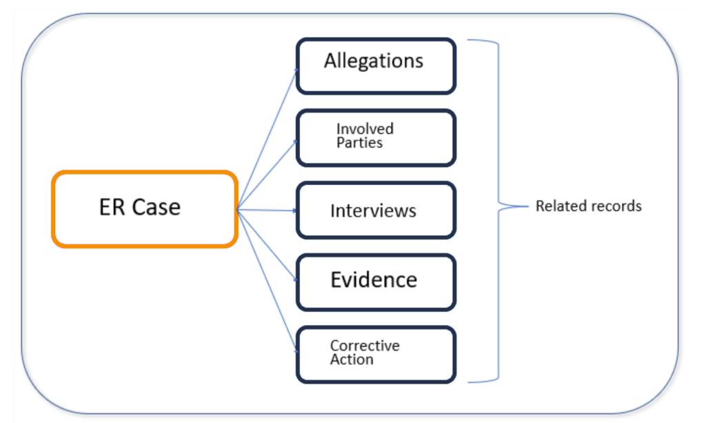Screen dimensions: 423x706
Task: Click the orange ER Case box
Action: coord(145,209)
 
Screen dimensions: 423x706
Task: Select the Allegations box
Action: coord(376,66)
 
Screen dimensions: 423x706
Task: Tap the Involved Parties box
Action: coord(376,138)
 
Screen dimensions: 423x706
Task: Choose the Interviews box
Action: coord(376,210)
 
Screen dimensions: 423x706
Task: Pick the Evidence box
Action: coord(376,282)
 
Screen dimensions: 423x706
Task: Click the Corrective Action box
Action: coord(376,354)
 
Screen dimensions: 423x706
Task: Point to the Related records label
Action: coord(588,206)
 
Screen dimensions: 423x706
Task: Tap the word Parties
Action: coord(359,143)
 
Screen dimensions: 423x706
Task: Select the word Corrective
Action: coord(364,345)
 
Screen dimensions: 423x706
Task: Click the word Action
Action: coord(352,360)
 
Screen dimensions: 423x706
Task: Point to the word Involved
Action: coord(365,128)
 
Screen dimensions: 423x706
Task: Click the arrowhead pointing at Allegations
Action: coord(296,70)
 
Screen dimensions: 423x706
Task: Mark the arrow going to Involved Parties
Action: coord(269,173)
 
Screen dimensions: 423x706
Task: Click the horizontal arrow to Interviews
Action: coord(269,210)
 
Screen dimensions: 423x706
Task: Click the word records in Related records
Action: coord(618,206)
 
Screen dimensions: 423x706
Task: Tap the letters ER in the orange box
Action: coord(112,207)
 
